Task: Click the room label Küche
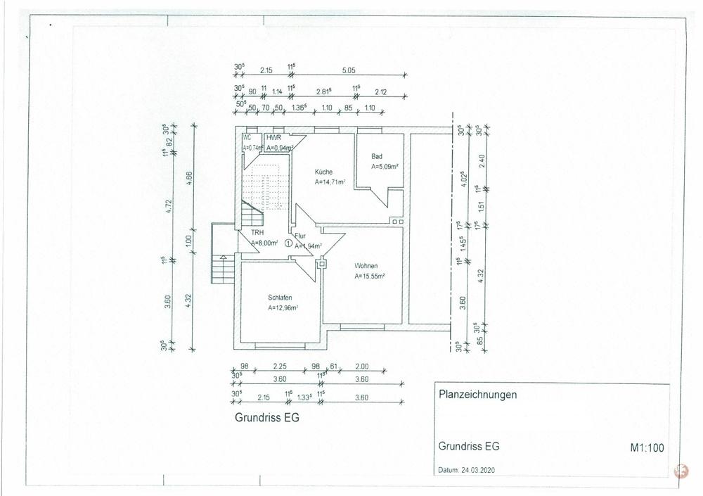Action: point(323,172)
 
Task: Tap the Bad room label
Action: point(376,156)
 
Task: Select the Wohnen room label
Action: point(366,266)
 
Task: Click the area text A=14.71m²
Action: point(330,182)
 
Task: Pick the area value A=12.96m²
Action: point(283,307)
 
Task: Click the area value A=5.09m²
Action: point(385,167)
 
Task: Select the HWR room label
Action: point(273,138)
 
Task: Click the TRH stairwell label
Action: point(258,232)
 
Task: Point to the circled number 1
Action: point(288,243)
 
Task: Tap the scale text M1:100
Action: point(645,446)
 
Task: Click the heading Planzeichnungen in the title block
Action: point(477,395)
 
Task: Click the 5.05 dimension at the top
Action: point(349,70)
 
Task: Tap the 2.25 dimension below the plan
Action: point(280,367)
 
